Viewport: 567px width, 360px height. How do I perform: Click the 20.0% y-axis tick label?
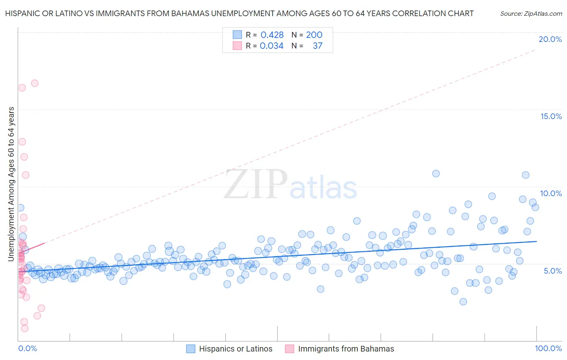pyautogui.click(x=550, y=39)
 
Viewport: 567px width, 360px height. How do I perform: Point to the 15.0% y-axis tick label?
pyautogui.click(x=551, y=116)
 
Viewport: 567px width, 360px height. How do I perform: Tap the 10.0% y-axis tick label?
pyautogui.click(x=551, y=193)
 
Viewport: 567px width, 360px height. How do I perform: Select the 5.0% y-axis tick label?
pyautogui.click(x=552, y=271)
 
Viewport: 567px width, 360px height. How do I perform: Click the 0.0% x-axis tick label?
pyautogui.click(x=27, y=348)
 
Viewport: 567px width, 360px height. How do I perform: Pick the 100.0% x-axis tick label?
pyautogui.click(x=548, y=348)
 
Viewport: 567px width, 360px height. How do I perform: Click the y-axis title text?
pyautogui.click(x=11, y=184)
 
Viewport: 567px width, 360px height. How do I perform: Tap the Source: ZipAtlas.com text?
pyautogui.click(x=531, y=13)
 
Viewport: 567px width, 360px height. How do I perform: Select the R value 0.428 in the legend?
pyautogui.click(x=272, y=35)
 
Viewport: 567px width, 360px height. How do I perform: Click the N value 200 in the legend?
pyautogui.click(x=314, y=35)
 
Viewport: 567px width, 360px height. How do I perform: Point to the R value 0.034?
pyautogui.click(x=271, y=46)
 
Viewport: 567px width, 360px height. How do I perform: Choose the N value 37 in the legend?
pyautogui.click(x=317, y=46)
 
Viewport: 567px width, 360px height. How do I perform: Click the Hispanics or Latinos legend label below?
pyautogui.click(x=236, y=349)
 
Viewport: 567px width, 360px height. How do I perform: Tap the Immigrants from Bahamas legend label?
pyautogui.click(x=346, y=349)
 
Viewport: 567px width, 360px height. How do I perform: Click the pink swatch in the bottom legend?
pyautogui.click(x=289, y=349)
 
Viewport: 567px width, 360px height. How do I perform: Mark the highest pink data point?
pyautogui.click(x=35, y=83)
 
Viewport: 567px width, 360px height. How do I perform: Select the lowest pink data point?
pyautogui.click(x=25, y=328)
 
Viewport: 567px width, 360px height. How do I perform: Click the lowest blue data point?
pyautogui.click(x=463, y=301)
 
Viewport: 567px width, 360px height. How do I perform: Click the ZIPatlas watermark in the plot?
pyautogui.click(x=290, y=185)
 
